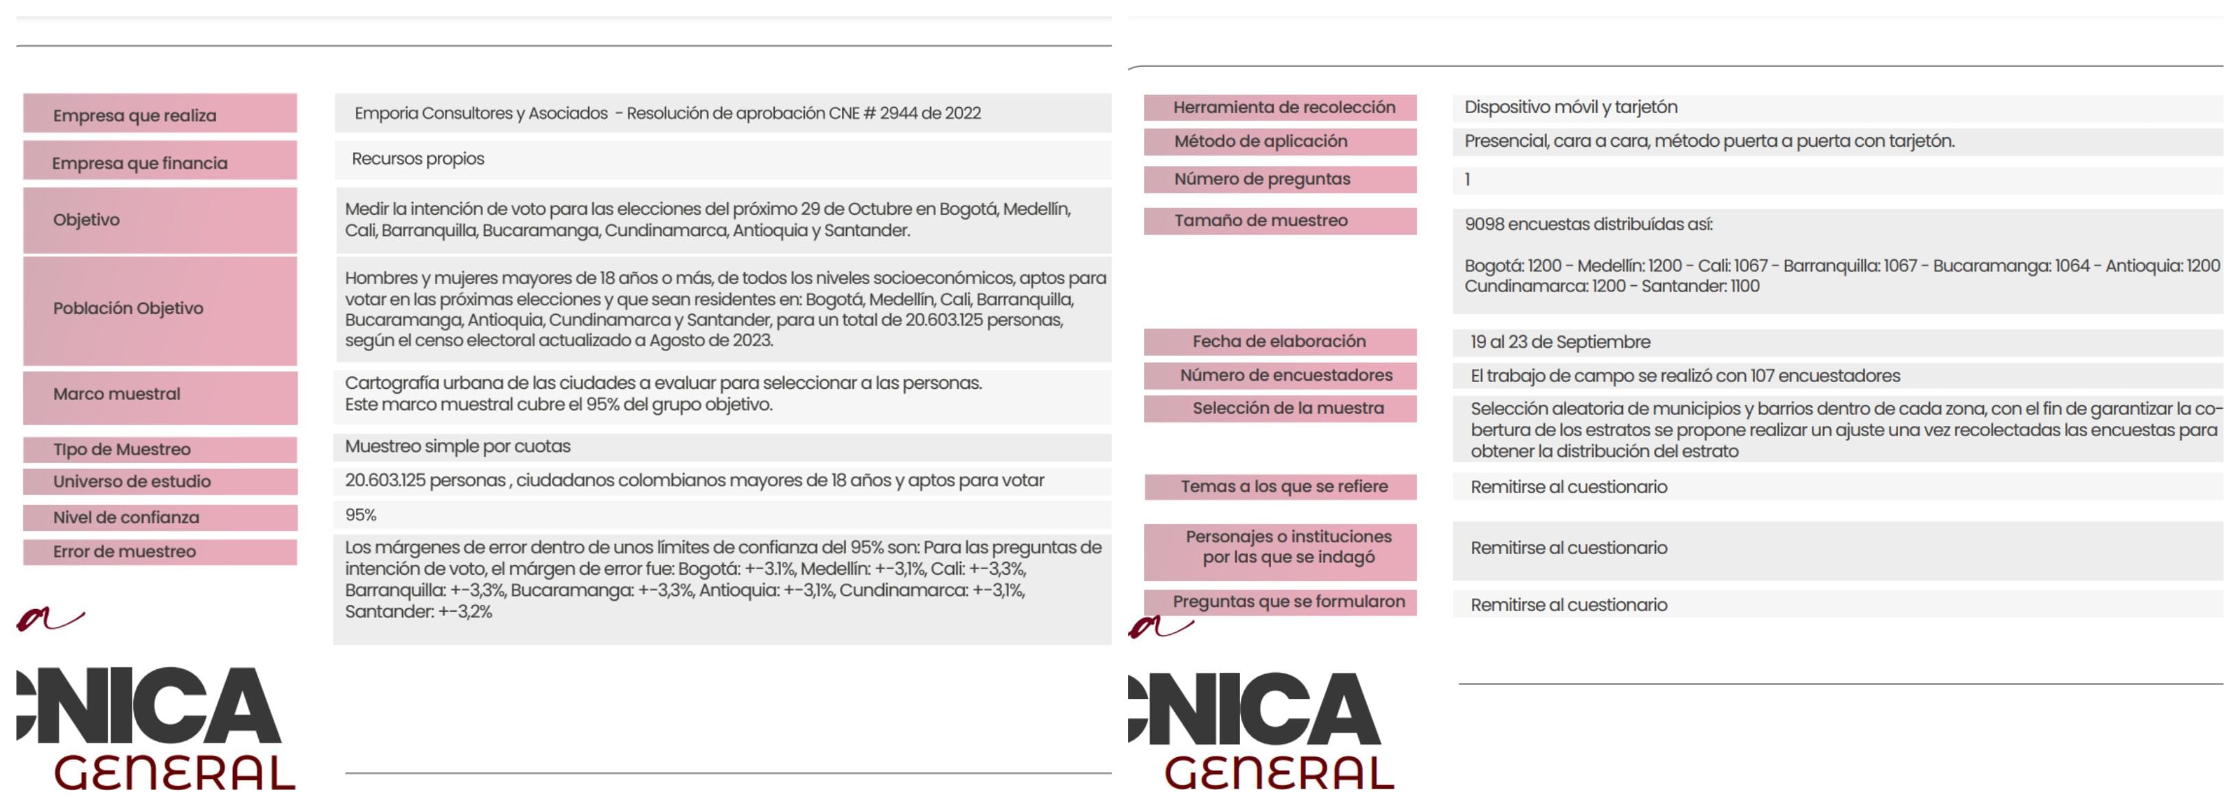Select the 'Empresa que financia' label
tap(139, 163)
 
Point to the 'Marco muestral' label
tap(117, 394)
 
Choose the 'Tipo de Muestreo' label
tap(121, 449)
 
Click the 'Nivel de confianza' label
tap(126, 517)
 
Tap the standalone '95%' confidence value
tap(361, 514)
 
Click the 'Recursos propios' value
tap(417, 159)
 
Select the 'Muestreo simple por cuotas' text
tap(457, 446)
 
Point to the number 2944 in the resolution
tap(898, 113)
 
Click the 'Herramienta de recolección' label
tap(1283, 107)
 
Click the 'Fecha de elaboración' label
tap(1279, 342)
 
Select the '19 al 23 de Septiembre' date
tap(1560, 342)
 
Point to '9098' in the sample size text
tap(1484, 224)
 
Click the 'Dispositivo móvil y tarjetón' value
tap(1570, 107)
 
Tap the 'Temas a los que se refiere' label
tap(1283, 487)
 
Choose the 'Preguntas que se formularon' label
tap(1288, 601)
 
